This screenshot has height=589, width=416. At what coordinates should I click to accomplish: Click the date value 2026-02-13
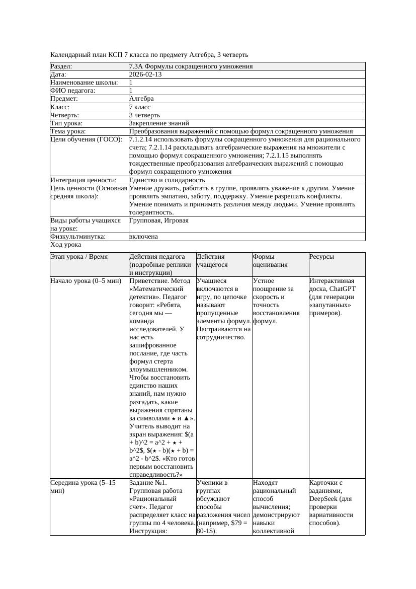point(145,75)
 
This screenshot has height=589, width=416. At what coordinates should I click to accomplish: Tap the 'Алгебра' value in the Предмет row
point(141,99)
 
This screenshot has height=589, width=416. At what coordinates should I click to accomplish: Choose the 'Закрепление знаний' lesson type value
point(159,123)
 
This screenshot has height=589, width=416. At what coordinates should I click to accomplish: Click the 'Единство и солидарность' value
point(167,180)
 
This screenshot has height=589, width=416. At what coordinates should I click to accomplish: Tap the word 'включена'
point(143,237)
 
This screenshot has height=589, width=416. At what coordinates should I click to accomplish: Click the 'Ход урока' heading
point(66,245)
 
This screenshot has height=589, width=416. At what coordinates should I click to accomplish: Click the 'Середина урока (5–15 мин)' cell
point(83,486)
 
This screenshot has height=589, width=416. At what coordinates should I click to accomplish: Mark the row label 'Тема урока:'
point(68,131)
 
